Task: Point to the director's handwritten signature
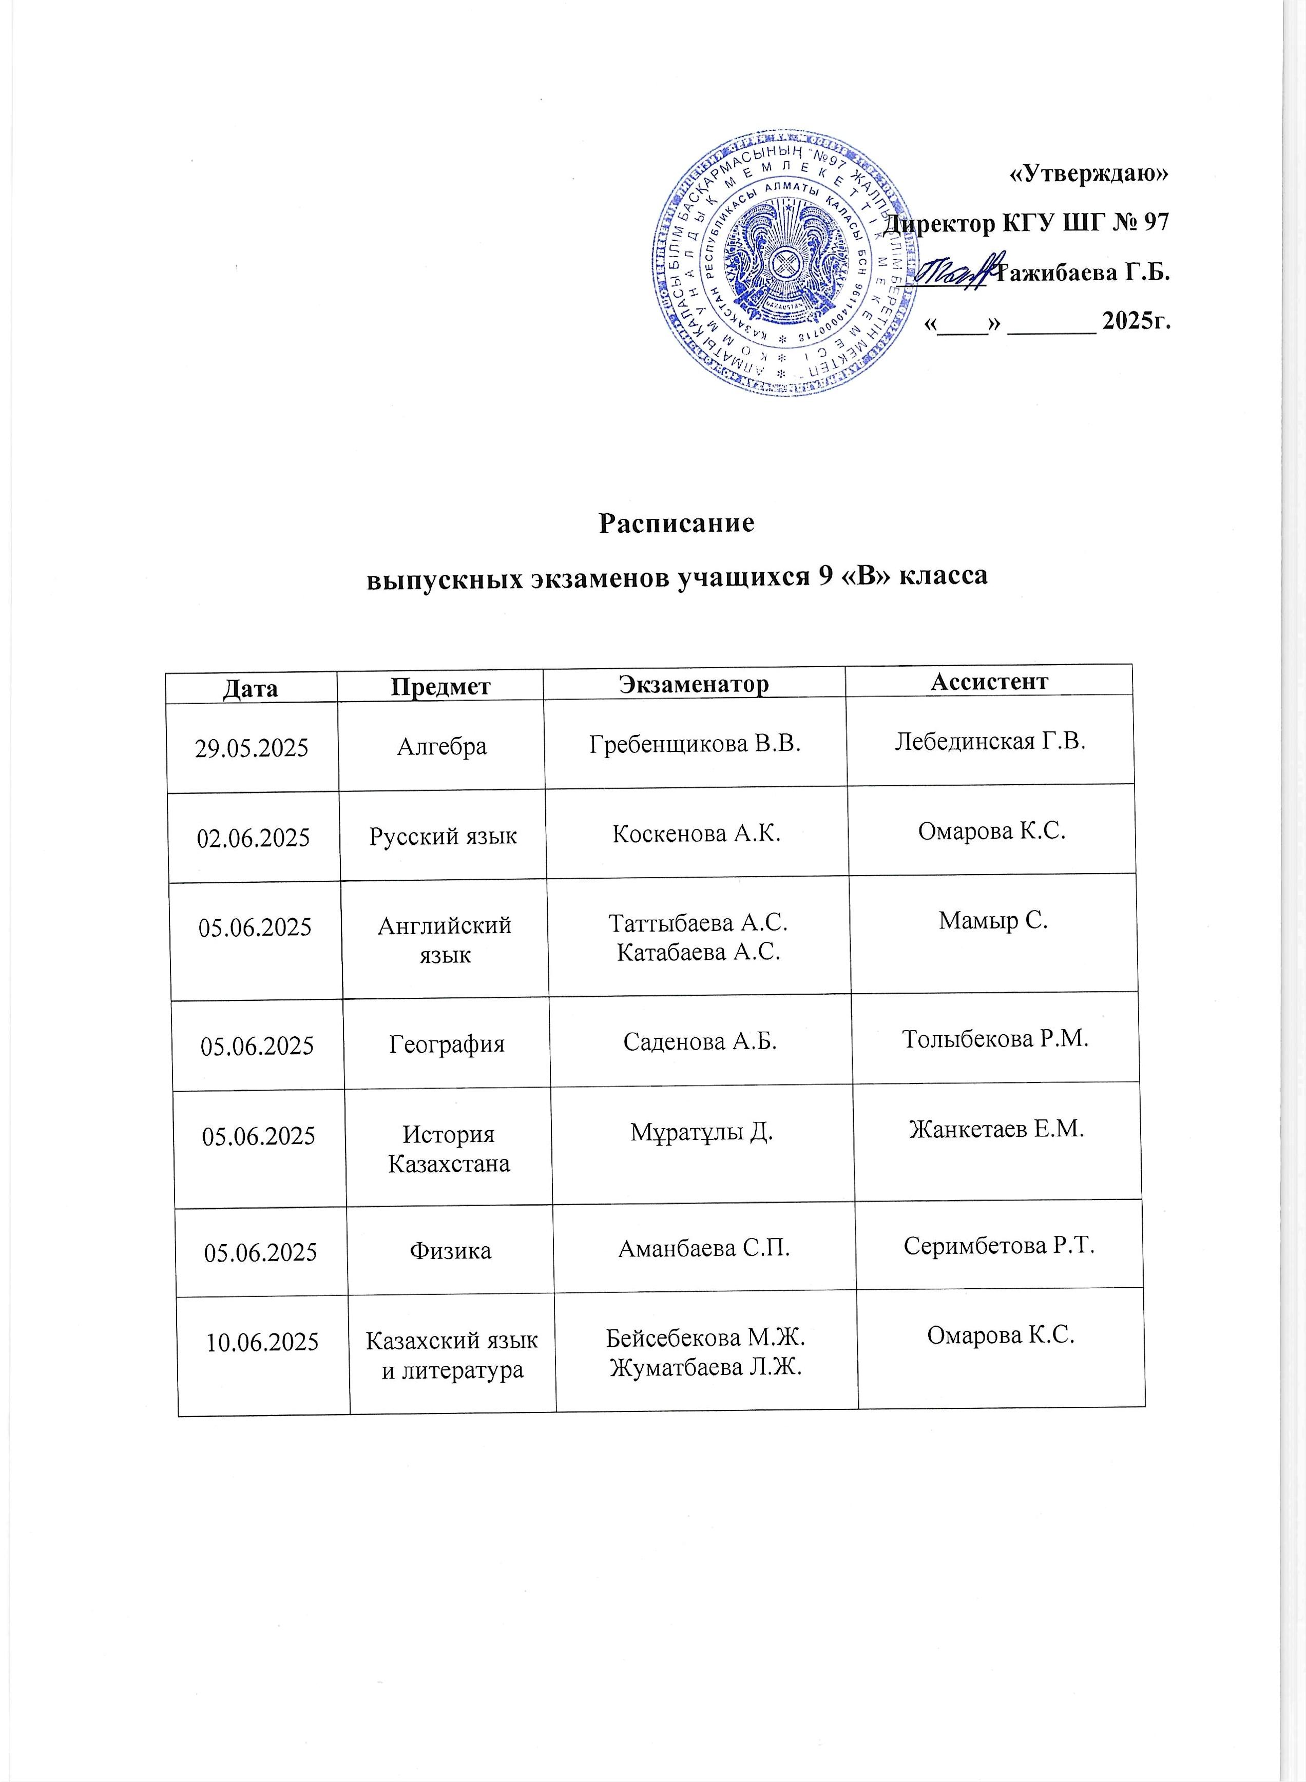[955, 274]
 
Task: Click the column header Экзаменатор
[694, 684]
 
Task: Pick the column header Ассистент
[988, 681]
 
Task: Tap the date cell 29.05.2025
[252, 748]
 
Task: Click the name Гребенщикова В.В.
[695, 744]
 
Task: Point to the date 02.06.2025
[253, 838]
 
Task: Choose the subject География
[447, 1044]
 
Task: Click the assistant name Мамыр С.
[993, 921]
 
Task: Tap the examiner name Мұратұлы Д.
[701, 1132]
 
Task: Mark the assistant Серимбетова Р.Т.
[998, 1246]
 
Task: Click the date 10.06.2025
[262, 1342]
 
